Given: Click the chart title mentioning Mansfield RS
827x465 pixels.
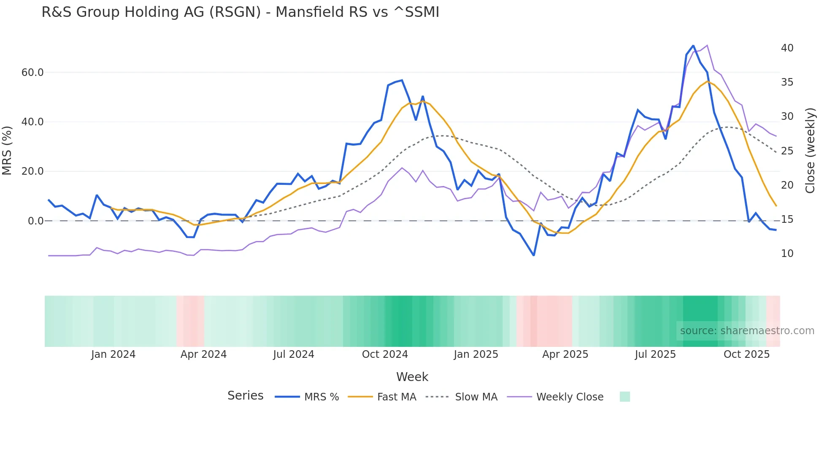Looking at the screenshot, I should tap(240, 12).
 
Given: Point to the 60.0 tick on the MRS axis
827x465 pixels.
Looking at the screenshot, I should tap(32, 73).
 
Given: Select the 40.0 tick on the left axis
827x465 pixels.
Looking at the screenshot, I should tap(32, 122).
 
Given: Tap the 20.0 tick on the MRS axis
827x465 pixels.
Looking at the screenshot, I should tap(32, 171).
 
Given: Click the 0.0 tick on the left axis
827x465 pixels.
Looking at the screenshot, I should tap(35, 221).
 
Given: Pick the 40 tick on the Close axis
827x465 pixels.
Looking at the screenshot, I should tap(787, 48).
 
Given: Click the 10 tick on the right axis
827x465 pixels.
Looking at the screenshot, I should tap(787, 254).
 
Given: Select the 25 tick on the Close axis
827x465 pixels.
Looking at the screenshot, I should tap(787, 151).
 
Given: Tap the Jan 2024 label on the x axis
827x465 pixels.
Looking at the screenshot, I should tap(113, 354).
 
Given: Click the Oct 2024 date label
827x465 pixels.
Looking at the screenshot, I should tap(385, 354).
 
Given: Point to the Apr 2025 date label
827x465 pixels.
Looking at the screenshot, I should tap(565, 354).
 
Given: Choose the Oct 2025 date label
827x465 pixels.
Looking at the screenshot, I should tap(746, 354).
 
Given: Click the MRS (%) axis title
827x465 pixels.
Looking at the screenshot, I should tap(7, 150).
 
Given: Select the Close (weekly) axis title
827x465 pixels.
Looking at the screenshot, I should tap(810, 151).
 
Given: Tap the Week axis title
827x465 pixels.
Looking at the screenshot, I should tap(412, 377).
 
